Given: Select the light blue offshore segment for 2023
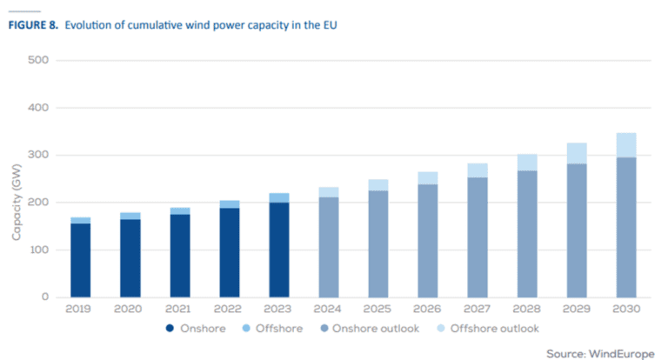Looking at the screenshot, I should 278,197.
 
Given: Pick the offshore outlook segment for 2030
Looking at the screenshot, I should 625,145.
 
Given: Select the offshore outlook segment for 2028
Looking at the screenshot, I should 526,163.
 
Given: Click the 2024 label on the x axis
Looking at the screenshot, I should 328,310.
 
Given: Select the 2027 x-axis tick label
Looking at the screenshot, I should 477,310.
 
